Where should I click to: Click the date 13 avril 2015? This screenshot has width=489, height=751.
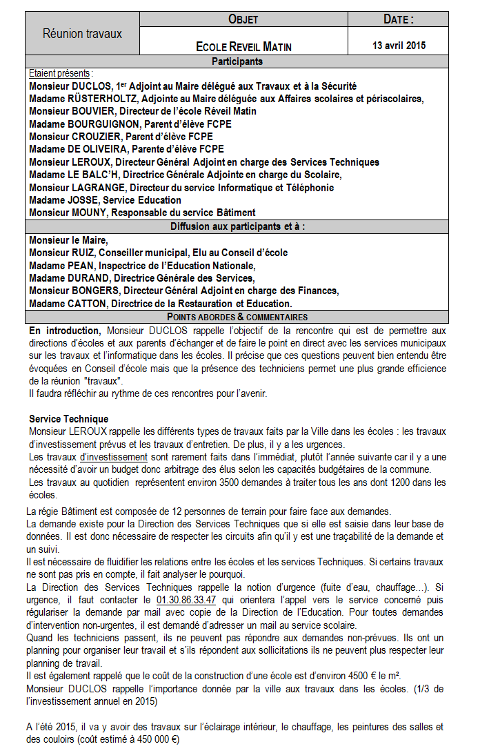(x=399, y=46)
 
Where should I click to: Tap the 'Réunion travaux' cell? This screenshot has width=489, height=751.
(x=82, y=33)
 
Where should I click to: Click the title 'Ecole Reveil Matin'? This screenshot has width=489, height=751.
(x=243, y=47)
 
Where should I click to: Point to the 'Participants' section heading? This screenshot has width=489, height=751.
(x=237, y=61)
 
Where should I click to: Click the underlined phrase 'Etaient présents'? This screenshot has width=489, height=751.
(x=60, y=73)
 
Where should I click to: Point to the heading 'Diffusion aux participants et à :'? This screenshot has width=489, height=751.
(x=237, y=226)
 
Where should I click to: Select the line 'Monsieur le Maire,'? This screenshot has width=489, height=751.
(x=69, y=240)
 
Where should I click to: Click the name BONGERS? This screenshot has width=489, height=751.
(x=98, y=291)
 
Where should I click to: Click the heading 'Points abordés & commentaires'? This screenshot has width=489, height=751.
(x=237, y=317)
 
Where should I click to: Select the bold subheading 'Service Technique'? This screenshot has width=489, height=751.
(x=68, y=419)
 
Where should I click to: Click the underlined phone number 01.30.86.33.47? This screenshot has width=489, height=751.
(x=186, y=600)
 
